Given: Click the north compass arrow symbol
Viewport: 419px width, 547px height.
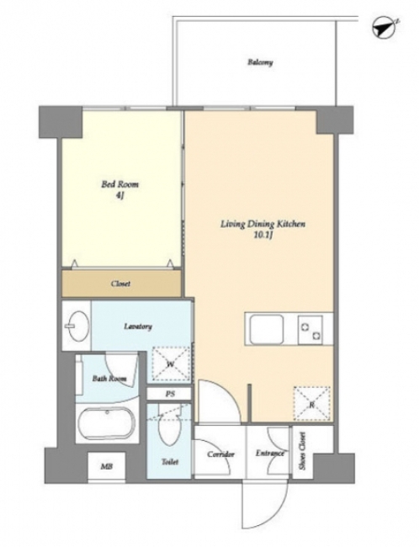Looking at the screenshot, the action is click(x=385, y=28).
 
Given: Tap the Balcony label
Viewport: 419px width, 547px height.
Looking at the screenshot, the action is click(x=260, y=62).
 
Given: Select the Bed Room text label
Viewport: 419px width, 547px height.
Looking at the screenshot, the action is click(x=119, y=183).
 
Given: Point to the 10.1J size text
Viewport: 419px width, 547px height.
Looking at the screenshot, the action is click(x=263, y=235).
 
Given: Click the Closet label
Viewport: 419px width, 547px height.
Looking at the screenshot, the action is click(x=120, y=284).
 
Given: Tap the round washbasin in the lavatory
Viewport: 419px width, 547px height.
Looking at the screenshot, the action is click(x=77, y=326).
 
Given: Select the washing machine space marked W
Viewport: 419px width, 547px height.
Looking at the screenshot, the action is click(x=171, y=364).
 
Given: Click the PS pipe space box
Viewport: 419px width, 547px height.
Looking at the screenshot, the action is click(x=169, y=394).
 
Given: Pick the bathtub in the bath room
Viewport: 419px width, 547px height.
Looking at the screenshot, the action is click(x=106, y=423).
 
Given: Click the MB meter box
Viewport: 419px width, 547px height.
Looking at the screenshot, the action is click(x=106, y=466).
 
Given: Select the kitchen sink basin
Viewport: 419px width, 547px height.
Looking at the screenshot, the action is click(x=267, y=329).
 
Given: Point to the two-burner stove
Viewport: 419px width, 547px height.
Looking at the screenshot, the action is click(x=310, y=330).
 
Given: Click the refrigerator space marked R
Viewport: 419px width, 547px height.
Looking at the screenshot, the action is click(x=312, y=404).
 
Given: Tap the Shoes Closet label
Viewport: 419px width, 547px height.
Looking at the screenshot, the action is click(x=302, y=450).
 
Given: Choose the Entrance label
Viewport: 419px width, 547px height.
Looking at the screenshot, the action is click(x=270, y=454).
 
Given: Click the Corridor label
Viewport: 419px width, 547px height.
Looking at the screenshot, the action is click(x=220, y=454).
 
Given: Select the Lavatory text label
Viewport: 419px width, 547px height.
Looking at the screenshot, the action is click(x=138, y=327).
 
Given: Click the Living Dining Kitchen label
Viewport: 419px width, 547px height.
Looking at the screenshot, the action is click(x=263, y=224).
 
